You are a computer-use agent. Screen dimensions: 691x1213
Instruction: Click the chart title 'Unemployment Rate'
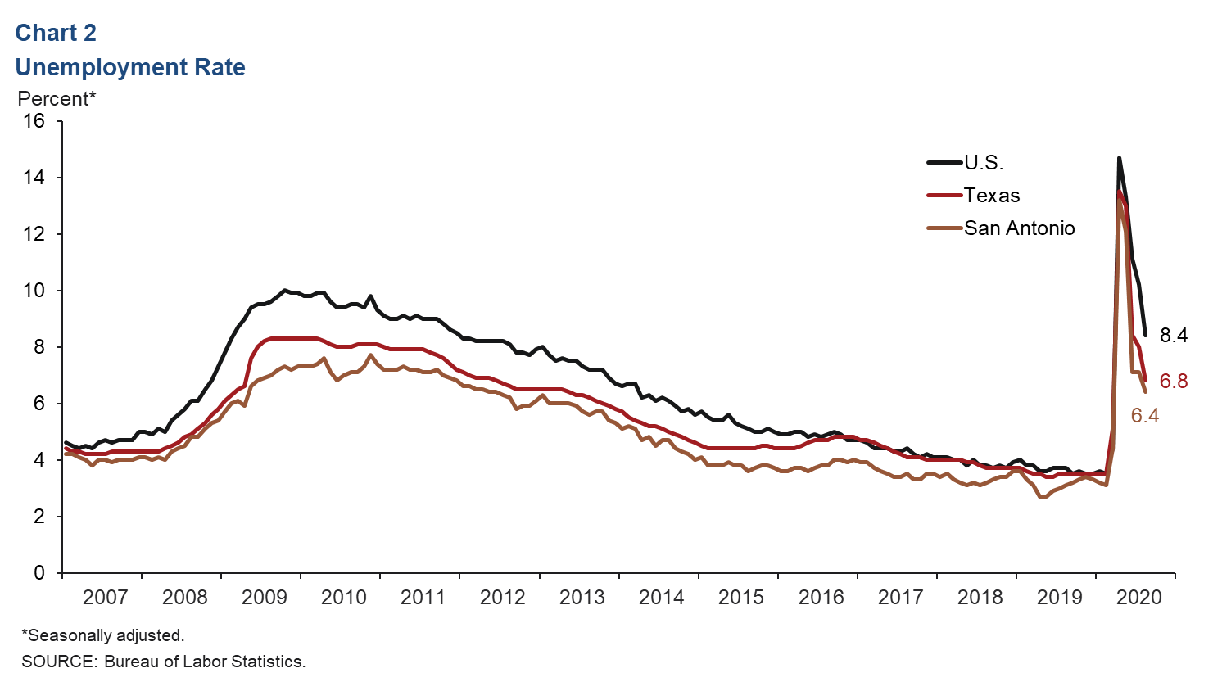pyautogui.click(x=130, y=67)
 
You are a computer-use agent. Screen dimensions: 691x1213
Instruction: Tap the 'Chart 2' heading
pyautogui.click(x=56, y=33)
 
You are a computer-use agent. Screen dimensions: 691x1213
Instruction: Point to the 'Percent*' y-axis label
pyautogui.click(x=57, y=99)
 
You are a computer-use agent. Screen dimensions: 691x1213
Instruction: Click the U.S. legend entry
pyautogui.click(x=983, y=163)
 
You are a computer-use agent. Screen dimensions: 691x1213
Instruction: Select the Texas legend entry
pyautogui.click(x=991, y=196)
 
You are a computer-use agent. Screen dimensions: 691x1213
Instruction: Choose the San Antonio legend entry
pyautogui.click(x=1019, y=228)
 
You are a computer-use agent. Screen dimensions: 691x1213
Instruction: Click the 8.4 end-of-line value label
pyautogui.click(x=1174, y=335)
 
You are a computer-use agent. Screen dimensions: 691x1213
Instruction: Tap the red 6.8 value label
pyautogui.click(x=1174, y=381)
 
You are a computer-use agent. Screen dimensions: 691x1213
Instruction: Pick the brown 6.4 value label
pyautogui.click(x=1145, y=416)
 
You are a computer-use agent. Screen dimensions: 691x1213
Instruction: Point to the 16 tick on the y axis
pyautogui.click(x=34, y=121)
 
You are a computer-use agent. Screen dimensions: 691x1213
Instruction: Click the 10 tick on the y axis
pyautogui.click(x=34, y=291)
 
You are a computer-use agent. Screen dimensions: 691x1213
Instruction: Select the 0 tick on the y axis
pyautogui.click(x=39, y=573)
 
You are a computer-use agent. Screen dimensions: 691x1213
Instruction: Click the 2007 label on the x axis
pyautogui.click(x=105, y=597)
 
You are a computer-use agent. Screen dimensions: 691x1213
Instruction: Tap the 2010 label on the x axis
pyautogui.click(x=344, y=597)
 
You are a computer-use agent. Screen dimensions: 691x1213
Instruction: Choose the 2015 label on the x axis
pyautogui.click(x=741, y=597)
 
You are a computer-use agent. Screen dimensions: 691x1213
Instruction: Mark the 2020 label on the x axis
pyautogui.click(x=1139, y=597)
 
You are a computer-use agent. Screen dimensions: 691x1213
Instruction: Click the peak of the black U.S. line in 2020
pyautogui.click(x=1119, y=158)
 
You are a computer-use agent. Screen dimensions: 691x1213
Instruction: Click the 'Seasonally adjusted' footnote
pyautogui.click(x=103, y=635)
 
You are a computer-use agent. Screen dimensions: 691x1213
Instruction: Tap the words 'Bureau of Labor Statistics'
pyautogui.click(x=204, y=662)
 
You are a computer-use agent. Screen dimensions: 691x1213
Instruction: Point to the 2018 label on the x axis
pyautogui.click(x=980, y=597)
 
